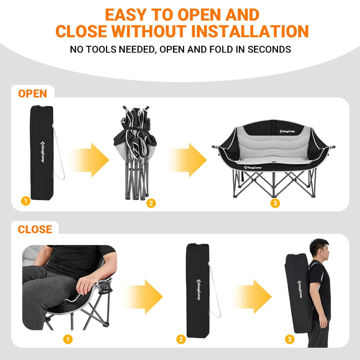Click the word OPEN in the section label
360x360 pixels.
[32, 94]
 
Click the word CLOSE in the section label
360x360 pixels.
[35, 229]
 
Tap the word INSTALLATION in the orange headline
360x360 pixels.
[250, 31]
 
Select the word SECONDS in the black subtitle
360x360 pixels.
[269, 49]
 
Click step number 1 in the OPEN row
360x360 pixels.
[26, 201]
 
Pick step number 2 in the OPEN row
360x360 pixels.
[151, 203]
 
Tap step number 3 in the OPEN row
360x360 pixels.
[275, 203]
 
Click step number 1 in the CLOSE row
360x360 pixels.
[67, 339]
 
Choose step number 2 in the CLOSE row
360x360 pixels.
[181, 339]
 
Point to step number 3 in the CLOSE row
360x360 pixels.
[290, 339]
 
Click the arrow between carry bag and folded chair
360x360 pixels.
[89, 160]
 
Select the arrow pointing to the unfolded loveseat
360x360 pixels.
[187, 160]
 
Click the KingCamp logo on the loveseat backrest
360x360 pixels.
[287, 131]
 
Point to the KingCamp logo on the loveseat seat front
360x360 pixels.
[253, 167]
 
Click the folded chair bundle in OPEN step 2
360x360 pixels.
[135, 152]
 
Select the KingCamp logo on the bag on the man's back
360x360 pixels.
[300, 289]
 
